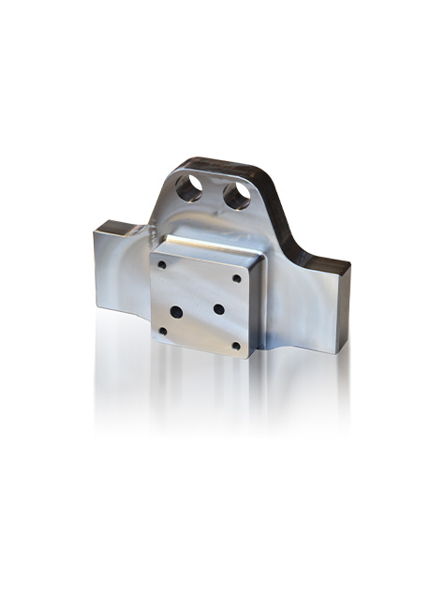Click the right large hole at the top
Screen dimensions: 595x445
(237, 194)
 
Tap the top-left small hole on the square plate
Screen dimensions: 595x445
(163, 265)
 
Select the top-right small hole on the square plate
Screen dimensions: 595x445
(236, 277)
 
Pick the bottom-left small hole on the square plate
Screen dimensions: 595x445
(163, 330)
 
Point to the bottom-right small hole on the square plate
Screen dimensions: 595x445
(235, 345)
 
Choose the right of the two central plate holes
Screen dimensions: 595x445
(218, 309)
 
